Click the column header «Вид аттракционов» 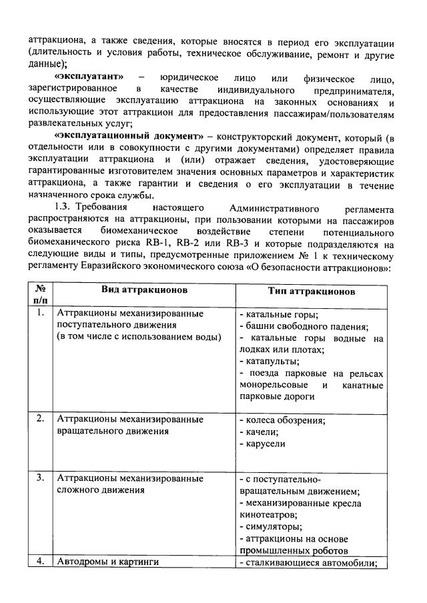coord(144,291)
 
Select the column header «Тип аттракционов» coord(312,291)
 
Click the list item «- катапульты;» coord(268,361)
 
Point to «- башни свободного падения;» coord(304,326)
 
